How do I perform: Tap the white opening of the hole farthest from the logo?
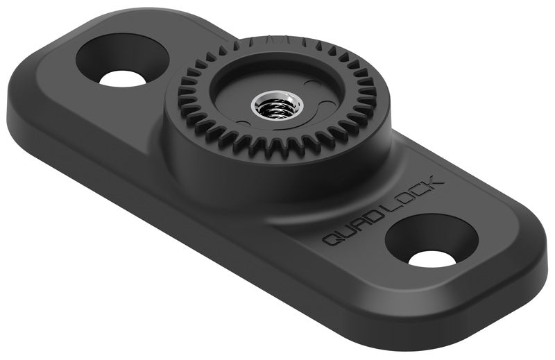click(x=123, y=78)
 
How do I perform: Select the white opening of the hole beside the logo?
click(x=432, y=259)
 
